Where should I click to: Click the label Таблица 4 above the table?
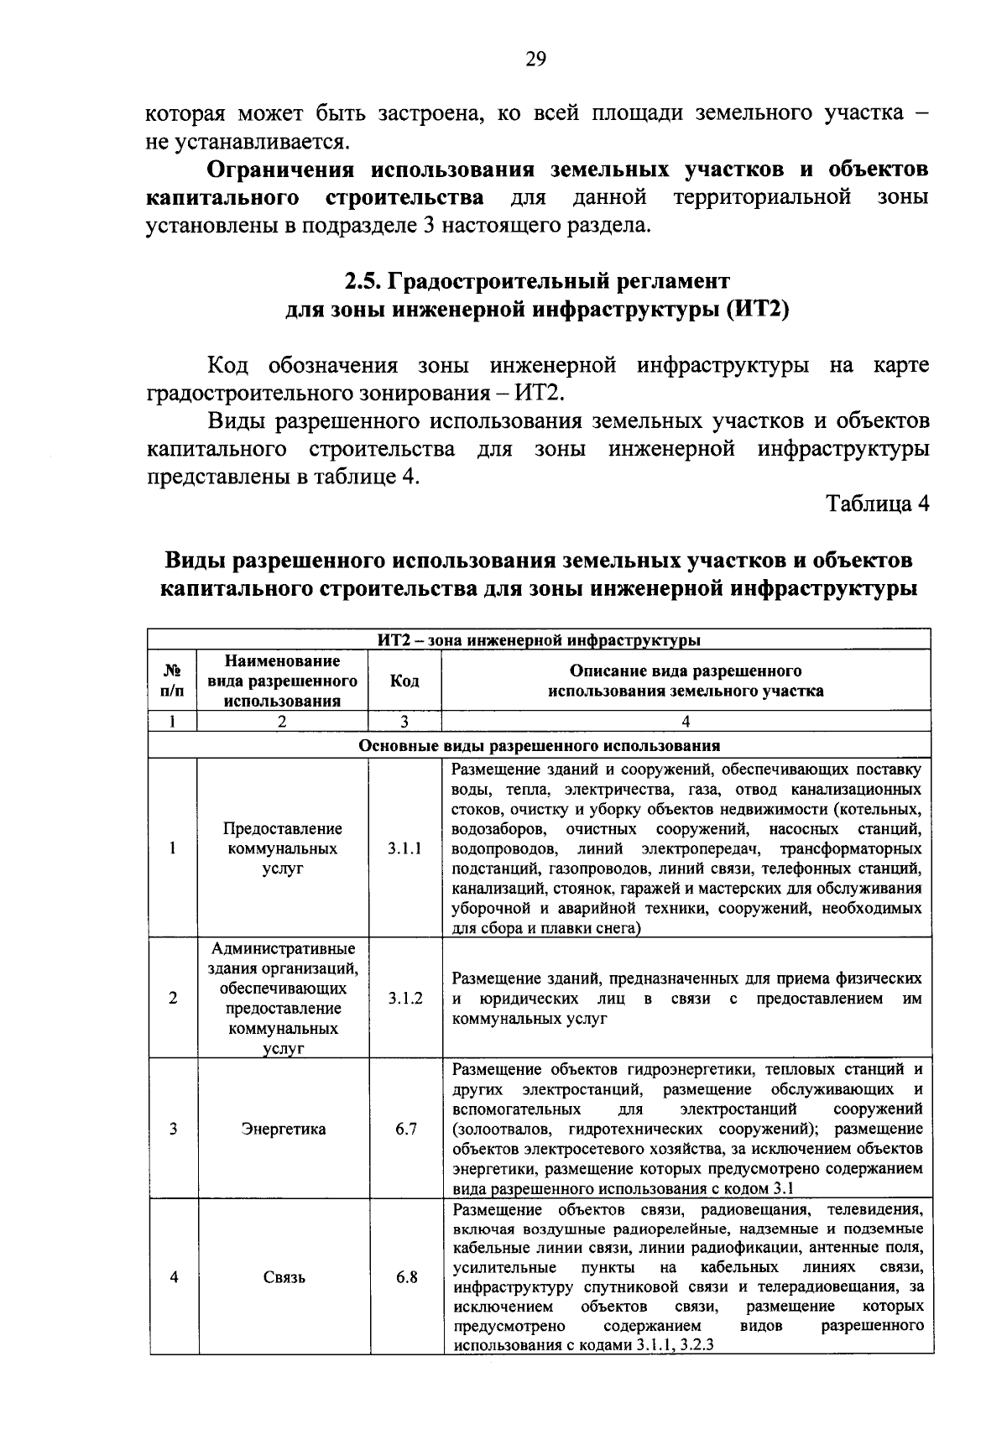point(878,503)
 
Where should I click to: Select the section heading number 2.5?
point(363,280)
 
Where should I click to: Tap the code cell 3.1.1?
point(405,848)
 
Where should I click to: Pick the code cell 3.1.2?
point(405,999)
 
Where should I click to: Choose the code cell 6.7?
point(406,1129)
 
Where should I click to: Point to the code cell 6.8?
point(406,1278)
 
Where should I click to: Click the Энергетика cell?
point(284,1129)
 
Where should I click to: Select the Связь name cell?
point(284,1278)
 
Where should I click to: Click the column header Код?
point(405,681)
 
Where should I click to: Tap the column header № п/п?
point(173,681)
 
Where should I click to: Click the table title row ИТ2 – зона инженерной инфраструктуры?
point(539,640)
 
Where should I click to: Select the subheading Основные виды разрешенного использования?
point(539,745)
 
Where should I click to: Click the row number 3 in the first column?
point(173,1129)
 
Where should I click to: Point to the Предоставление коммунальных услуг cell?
point(284,848)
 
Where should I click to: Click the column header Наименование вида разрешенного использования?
point(283,681)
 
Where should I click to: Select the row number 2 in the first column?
point(173,999)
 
